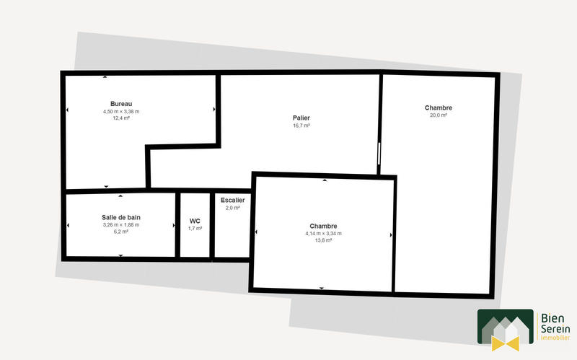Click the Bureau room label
pyautogui.click(x=121, y=104)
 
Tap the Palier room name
pyautogui.click(x=301, y=118)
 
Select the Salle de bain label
pyautogui.click(x=120, y=216)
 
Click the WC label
pyautogui.click(x=195, y=221)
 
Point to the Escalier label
pyautogui.click(x=233, y=200)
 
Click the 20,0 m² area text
pyautogui.click(x=439, y=115)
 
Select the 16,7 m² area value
pyautogui.click(x=301, y=126)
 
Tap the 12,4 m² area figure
pyautogui.click(x=121, y=118)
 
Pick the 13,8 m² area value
pyautogui.click(x=323, y=240)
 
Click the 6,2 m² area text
pyautogui.click(x=120, y=232)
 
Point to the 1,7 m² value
pyautogui.click(x=195, y=229)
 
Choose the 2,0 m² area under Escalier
pyautogui.click(x=233, y=208)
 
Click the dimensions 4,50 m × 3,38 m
pyautogui.click(x=121, y=112)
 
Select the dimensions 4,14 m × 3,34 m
pyautogui.click(x=323, y=233)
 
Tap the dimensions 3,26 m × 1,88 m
pyautogui.click(x=120, y=224)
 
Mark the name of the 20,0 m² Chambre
pyautogui.click(x=439, y=107)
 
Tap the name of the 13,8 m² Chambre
pyautogui.click(x=323, y=225)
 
